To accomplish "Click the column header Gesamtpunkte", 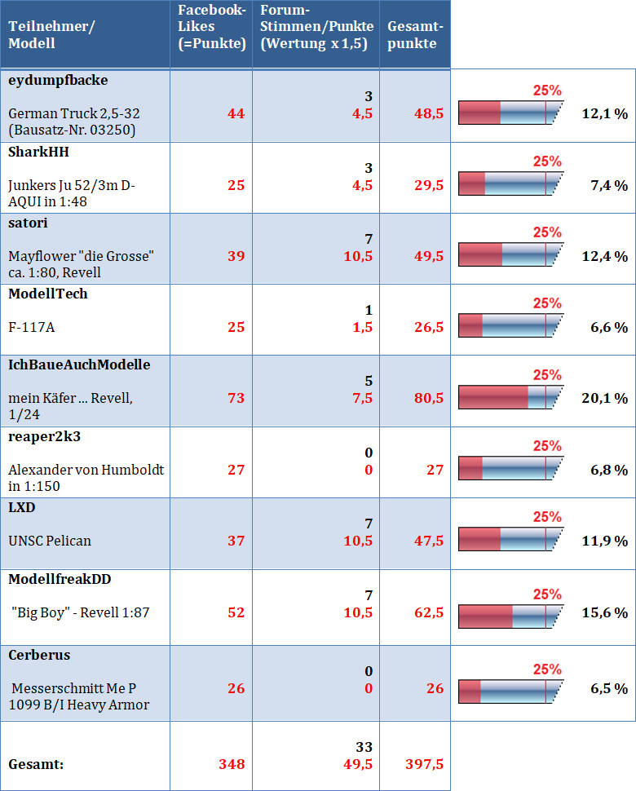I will [412, 35].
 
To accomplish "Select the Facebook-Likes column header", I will [212, 27].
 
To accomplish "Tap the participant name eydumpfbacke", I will [58, 80].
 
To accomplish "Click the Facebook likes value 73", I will [235, 398].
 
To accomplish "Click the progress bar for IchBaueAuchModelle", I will [510, 397].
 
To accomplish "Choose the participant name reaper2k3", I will [45, 436].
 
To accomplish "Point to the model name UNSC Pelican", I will [50, 540].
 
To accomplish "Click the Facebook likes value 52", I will [235, 612].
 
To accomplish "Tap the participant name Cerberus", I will [39, 655].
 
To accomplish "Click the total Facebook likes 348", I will [232, 764].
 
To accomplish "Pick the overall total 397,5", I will [424, 764].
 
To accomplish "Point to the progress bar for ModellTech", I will [510, 326].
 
